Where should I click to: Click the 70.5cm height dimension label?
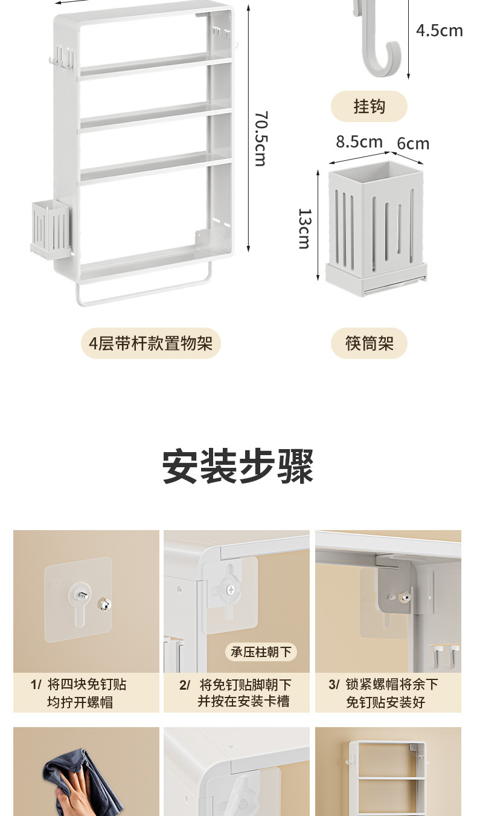pyautogui.click(x=260, y=138)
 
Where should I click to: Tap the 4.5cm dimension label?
pyautogui.click(x=439, y=30)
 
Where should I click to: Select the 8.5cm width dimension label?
pyautogui.click(x=359, y=141)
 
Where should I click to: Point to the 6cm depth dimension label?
pyautogui.click(x=413, y=143)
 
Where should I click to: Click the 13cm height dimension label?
pyautogui.click(x=304, y=228)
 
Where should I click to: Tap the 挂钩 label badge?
pyautogui.click(x=369, y=107)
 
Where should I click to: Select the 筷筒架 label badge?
pyautogui.click(x=369, y=343)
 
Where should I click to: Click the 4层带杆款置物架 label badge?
pyautogui.click(x=151, y=343)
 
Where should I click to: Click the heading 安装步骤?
pyautogui.click(x=238, y=467)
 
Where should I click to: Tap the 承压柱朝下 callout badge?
pyautogui.click(x=261, y=652)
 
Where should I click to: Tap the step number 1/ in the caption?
pyautogui.click(x=36, y=684)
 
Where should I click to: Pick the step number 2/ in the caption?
pyautogui.click(x=185, y=685)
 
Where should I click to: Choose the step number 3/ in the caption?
pyautogui.click(x=334, y=684)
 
